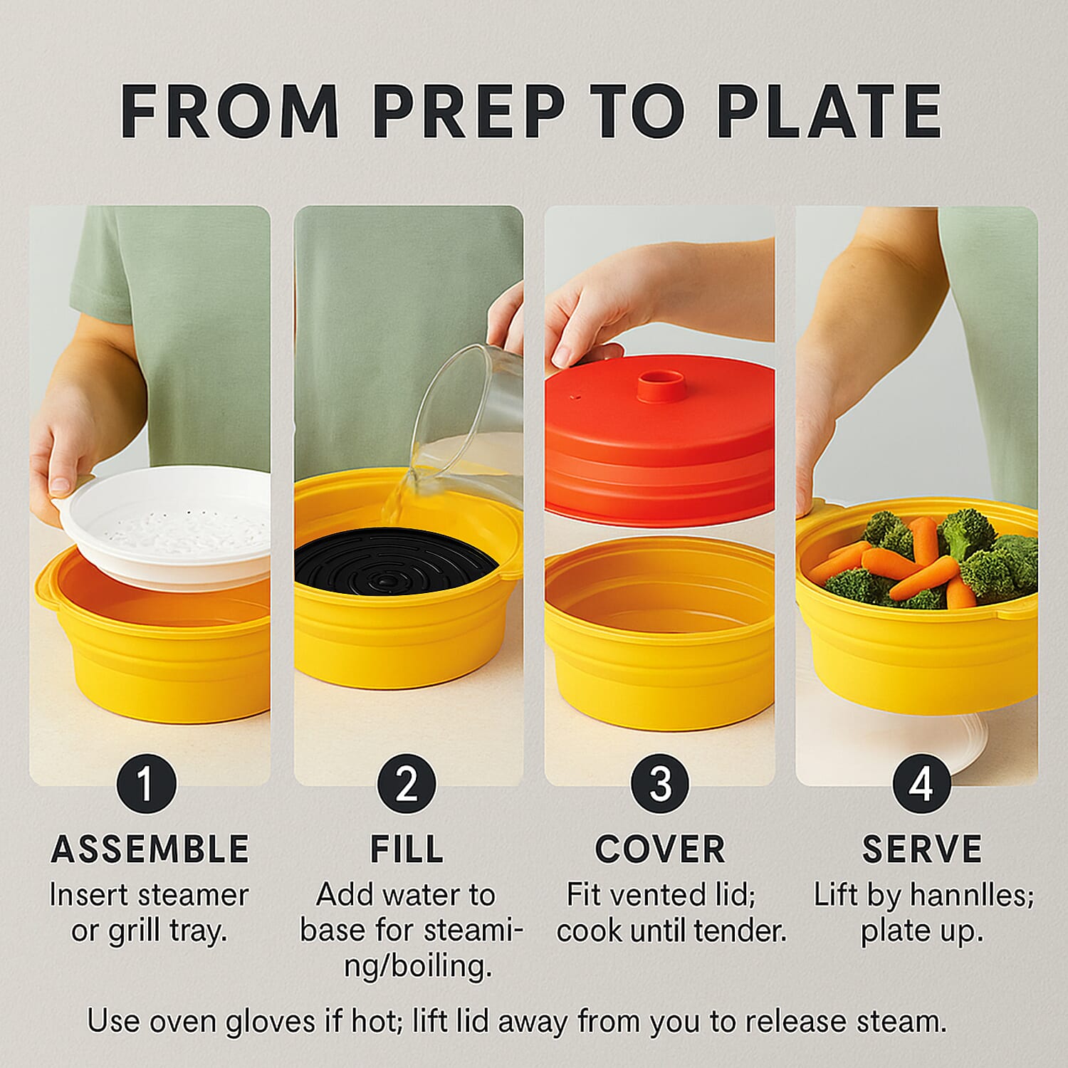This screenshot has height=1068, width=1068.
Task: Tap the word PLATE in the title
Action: coord(829,112)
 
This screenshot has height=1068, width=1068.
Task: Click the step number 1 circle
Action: coord(146,784)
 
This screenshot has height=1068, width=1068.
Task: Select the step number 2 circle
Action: coord(407,784)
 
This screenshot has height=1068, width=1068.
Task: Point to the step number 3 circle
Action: coord(660,784)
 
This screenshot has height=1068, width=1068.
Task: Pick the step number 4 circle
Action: coord(921,784)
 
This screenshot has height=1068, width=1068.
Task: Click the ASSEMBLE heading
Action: coord(150,849)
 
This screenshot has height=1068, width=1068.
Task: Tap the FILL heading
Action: coord(407,849)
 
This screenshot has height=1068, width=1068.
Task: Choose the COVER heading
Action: coord(660,849)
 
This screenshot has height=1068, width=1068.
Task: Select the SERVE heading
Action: coord(921,849)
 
